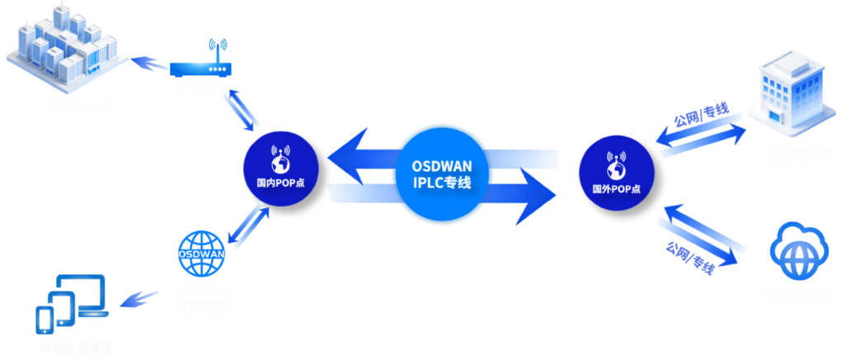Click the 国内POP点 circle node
(280, 165)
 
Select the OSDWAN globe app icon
(202, 253)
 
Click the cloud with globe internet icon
(798, 249)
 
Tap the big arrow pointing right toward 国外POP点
(512, 197)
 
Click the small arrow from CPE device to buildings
(149, 62)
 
